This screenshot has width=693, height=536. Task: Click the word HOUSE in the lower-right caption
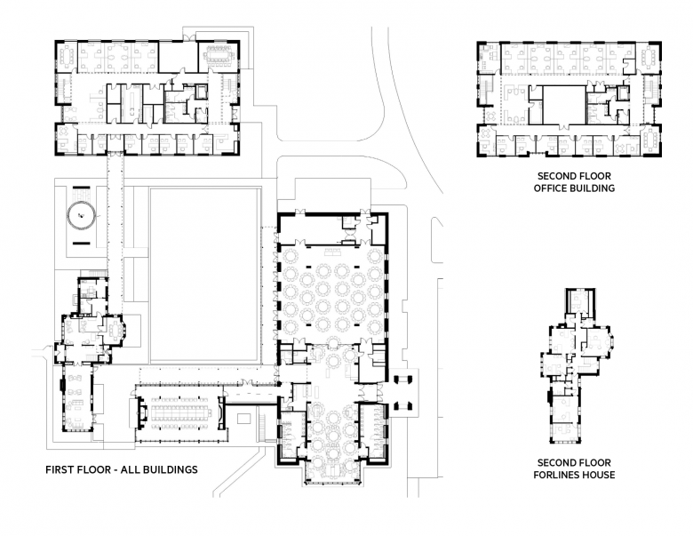[600, 475]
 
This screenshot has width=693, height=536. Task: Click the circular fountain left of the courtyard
[81, 215]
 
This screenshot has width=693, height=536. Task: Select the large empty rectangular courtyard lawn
[203, 275]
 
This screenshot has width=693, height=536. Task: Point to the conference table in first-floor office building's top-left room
[67, 57]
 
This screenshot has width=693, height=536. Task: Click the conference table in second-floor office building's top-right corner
[649, 57]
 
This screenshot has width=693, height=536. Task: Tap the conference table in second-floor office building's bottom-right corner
[650, 140]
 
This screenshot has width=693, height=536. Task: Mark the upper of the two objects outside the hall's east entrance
[402, 379]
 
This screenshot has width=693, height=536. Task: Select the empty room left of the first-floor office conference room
[178, 57]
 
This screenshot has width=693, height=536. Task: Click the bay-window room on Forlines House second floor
[596, 341]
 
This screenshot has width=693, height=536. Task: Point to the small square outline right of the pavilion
[244, 418]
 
